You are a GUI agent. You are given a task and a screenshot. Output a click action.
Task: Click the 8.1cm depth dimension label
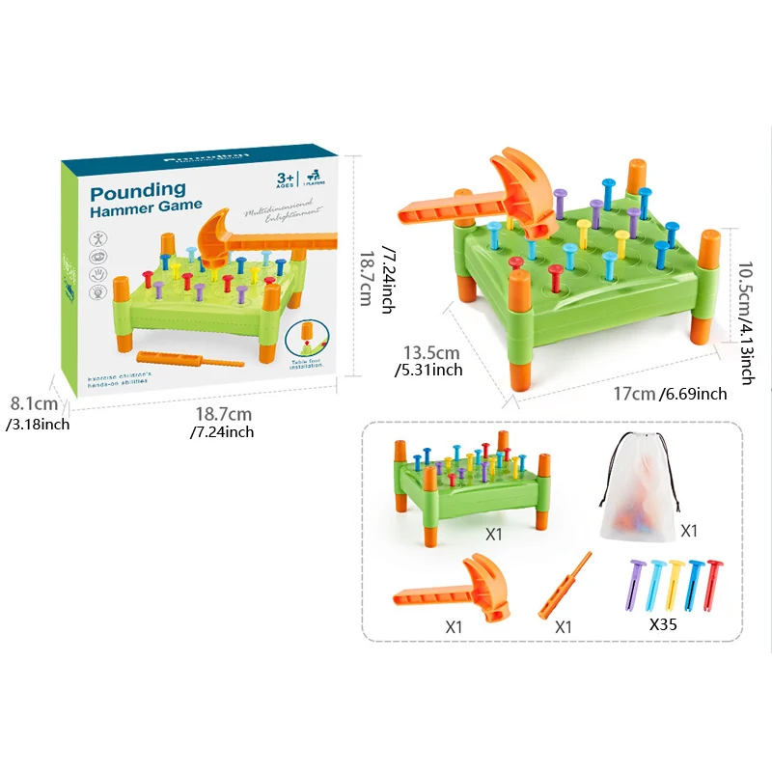point(34,405)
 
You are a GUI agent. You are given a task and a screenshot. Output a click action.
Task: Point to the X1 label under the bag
point(690,531)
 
